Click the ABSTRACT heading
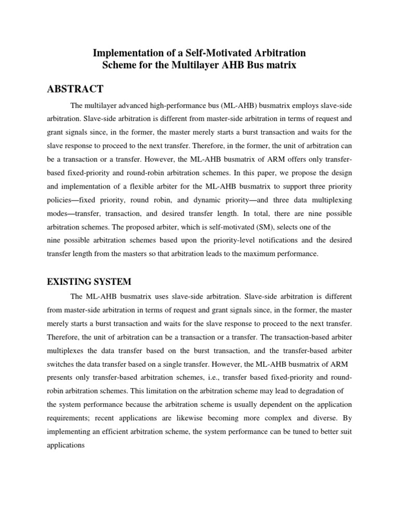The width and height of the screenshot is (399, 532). pyautogui.click(x=75, y=88)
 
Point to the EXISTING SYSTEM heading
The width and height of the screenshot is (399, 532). pyautogui.click(x=89, y=282)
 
